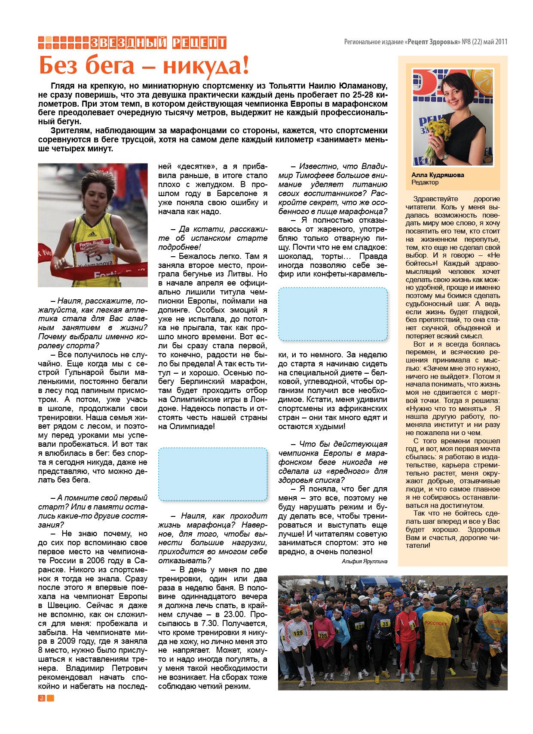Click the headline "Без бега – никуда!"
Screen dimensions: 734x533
144,65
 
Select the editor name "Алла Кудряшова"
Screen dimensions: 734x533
438,175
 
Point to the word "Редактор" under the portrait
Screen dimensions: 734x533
425,182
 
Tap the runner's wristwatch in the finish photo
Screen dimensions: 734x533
111,247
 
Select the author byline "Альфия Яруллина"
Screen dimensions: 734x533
365,561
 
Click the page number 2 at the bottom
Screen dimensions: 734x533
41,698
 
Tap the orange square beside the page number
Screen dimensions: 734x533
50,698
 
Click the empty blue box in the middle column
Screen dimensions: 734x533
213,474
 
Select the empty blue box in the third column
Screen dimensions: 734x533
333,314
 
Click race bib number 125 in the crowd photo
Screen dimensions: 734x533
298,633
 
